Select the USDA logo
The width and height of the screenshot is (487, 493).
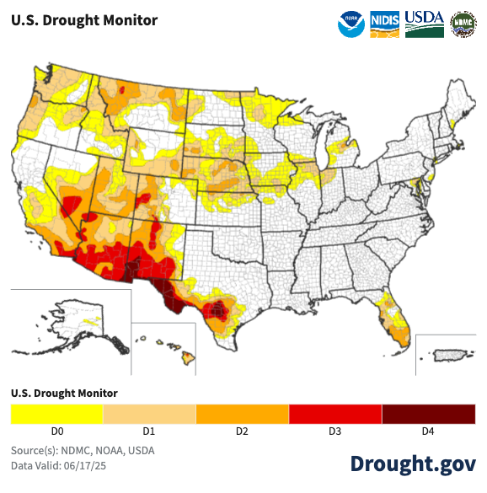click(x=425, y=24)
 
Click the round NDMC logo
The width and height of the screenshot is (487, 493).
click(x=463, y=24)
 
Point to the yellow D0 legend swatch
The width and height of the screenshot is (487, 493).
click(x=56, y=414)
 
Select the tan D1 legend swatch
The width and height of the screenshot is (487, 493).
click(x=149, y=414)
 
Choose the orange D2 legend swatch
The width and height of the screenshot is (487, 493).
click(x=242, y=414)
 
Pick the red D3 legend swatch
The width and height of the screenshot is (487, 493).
click(x=334, y=414)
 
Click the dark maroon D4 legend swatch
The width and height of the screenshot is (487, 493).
click(x=427, y=414)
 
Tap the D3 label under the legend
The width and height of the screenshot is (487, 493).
click(x=334, y=431)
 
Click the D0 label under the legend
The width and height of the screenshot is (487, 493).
click(x=56, y=431)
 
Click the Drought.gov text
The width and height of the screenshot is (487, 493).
click(x=413, y=464)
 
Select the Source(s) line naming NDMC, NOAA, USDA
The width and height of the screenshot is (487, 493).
click(x=83, y=450)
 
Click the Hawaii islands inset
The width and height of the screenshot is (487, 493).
click(x=173, y=348)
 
